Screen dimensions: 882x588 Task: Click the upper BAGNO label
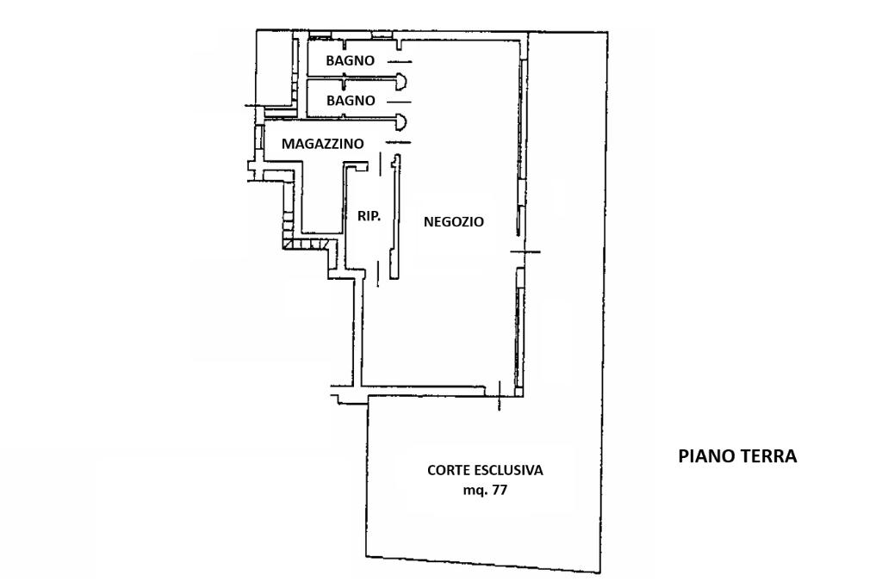click(350, 61)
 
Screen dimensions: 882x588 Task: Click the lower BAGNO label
click(350, 101)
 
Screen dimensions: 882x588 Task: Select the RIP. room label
click(369, 216)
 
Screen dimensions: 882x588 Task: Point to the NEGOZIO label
click(454, 222)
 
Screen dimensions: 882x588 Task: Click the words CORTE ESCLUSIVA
click(485, 471)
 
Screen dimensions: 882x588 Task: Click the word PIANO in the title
click(705, 456)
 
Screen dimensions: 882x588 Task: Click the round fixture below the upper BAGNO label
click(401, 82)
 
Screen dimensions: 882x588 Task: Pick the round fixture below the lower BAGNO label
click(401, 121)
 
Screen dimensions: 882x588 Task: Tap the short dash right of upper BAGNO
click(399, 62)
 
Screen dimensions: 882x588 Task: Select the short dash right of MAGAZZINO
click(398, 142)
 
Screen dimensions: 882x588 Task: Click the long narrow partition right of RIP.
click(394, 217)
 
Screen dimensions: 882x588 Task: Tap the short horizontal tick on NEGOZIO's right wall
click(525, 251)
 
